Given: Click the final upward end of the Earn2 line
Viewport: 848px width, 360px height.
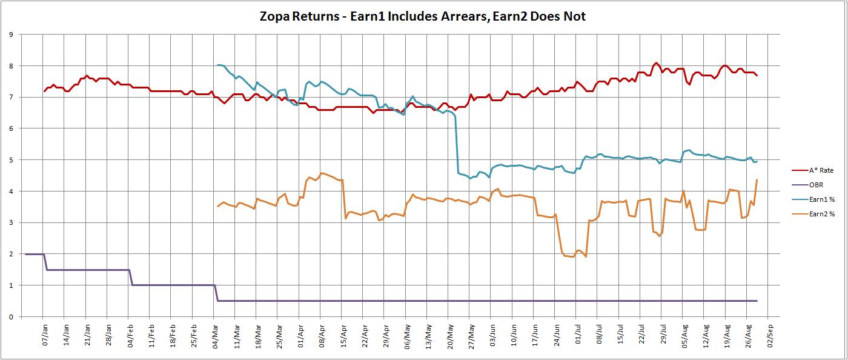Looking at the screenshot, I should point(757,180).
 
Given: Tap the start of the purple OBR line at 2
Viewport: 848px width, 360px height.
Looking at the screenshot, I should point(25,254).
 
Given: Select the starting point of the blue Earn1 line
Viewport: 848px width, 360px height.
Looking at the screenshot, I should point(217,65).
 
